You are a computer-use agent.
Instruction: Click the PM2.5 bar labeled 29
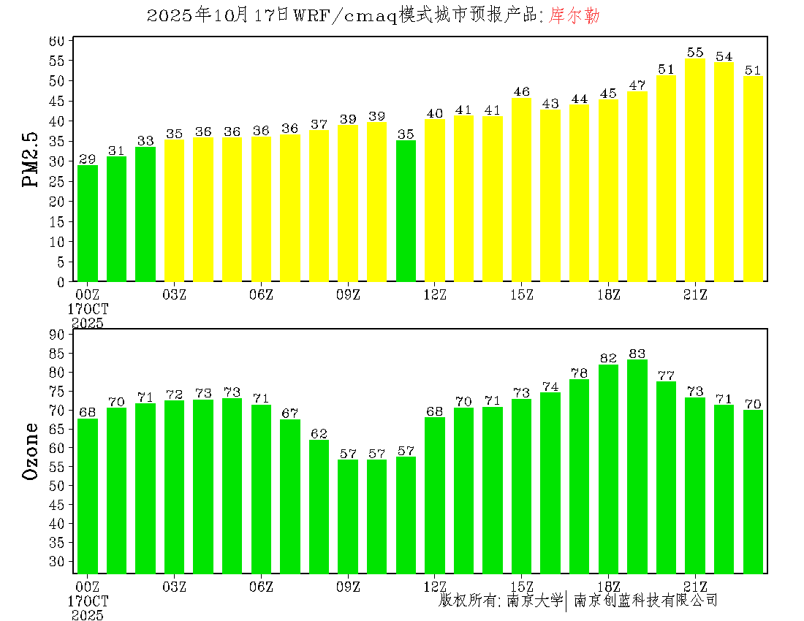(x=88, y=224)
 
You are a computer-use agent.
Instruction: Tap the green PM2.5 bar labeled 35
(x=406, y=211)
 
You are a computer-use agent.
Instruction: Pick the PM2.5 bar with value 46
(x=521, y=190)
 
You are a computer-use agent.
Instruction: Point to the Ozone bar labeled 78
(x=579, y=476)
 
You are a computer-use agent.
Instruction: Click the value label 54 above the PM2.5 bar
(x=724, y=56)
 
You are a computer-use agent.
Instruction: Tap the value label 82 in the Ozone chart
(x=608, y=358)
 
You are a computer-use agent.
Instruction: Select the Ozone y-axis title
(x=31, y=451)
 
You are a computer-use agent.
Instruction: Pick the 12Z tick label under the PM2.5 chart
(x=435, y=294)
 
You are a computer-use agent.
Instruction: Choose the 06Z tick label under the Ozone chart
(x=261, y=587)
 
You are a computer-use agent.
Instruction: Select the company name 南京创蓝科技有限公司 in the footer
(x=645, y=601)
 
